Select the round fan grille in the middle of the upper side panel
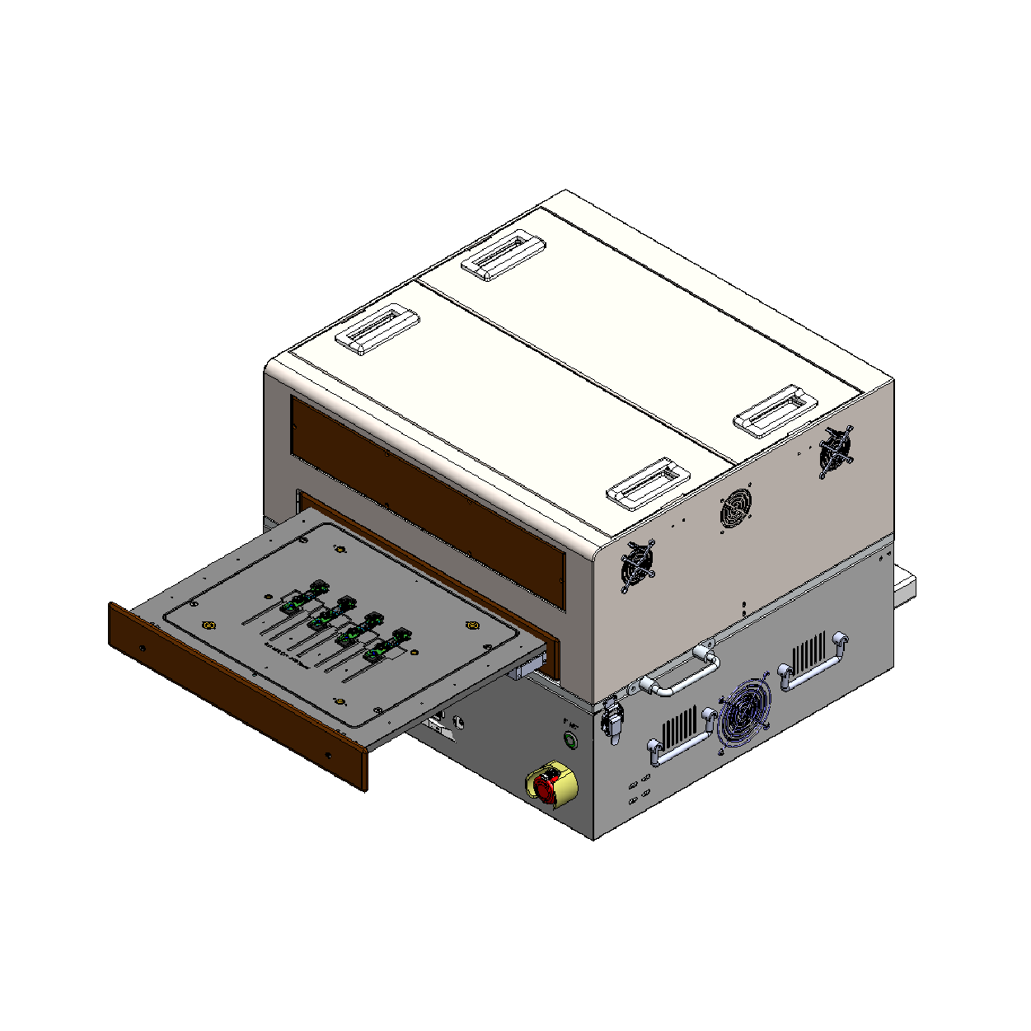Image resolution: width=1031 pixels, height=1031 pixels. coord(736,508)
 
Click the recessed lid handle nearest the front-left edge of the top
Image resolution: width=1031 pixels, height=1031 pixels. coord(377,329)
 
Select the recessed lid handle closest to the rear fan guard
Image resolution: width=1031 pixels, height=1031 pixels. coord(776,410)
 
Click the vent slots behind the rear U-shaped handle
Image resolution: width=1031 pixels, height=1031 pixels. coord(808,651)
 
